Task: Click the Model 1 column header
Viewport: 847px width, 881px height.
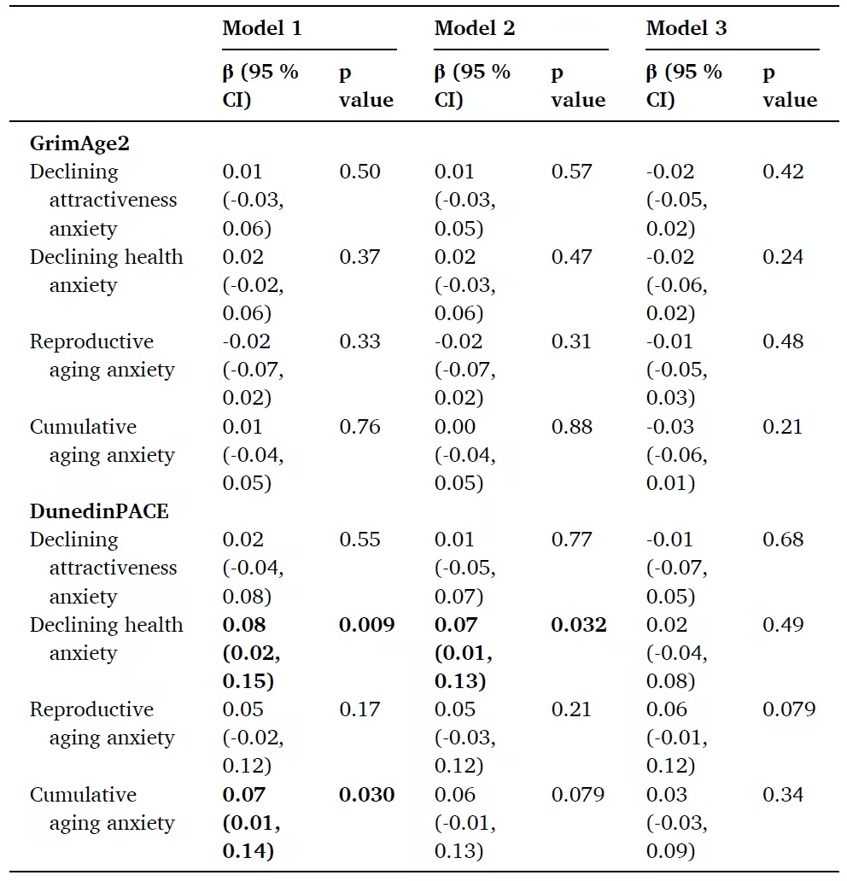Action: pyautogui.click(x=261, y=28)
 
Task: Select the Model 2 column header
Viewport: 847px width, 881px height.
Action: pyautogui.click(x=474, y=28)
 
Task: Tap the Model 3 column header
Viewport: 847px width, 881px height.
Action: pyautogui.click(x=686, y=28)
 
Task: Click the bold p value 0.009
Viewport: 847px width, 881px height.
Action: pyautogui.click(x=367, y=625)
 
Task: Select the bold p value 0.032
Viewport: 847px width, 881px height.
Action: pyautogui.click(x=579, y=625)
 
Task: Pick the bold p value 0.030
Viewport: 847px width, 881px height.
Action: pyautogui.click(x=367, y=795)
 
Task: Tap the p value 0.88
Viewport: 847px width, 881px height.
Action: pyautogui.click(x=571, y=427)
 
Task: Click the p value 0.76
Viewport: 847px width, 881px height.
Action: pyautogui.click(x=359, y=427)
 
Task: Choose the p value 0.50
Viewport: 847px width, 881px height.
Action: pyautogui.click(x=359, y=172)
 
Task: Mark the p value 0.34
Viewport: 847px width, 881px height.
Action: pyautogui.click(x=783, y=795)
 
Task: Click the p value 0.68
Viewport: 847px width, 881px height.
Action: pyautogui.click(x=783, y=540)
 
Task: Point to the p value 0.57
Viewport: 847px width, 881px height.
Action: pyautogui.click(x=571, y=172)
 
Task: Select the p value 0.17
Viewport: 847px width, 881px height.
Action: pyautogui.click(x=359, y=709)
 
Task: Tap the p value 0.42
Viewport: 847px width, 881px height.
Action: pyautogui.click(x=783, y=172)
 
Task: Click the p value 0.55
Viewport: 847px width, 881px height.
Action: pyautogui.click(x=359, y=540)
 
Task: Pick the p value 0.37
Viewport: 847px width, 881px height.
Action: pyautogui.click(x=359, y=257)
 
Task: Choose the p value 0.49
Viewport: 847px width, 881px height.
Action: pyautogui.click(x=783, y=625)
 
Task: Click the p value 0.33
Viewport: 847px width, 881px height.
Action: pyautogui.click(x=359, y=341)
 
